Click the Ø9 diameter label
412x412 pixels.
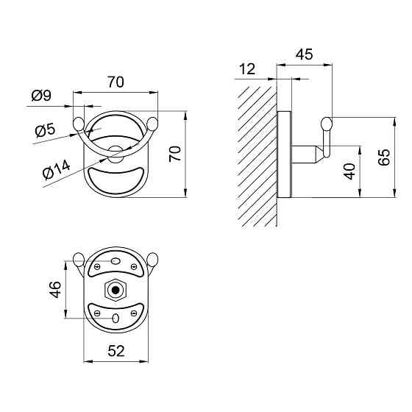point(41,95)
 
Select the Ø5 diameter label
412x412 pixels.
point(45,130)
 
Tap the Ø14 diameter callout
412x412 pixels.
point(56,170)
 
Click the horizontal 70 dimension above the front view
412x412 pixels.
point(116,82)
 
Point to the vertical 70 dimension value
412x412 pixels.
point(175,154)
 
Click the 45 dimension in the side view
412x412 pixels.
point(305,54)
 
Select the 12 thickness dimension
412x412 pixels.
point(247,69)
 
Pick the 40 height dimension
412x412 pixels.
point(349,171)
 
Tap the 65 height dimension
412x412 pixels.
point(384,157)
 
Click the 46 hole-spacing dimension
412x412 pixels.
point(55,290)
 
